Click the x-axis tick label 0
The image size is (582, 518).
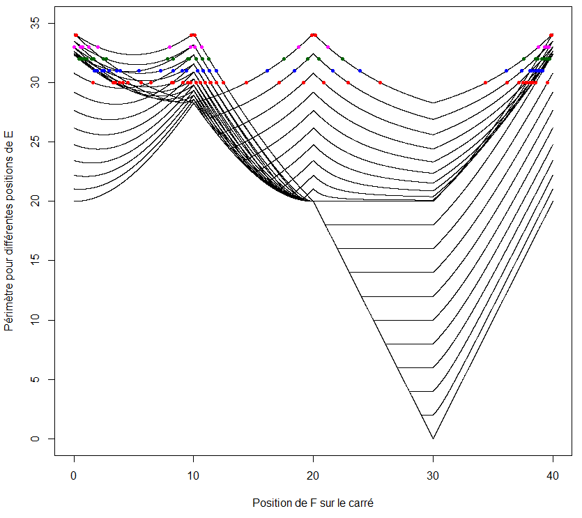tap(74, 475)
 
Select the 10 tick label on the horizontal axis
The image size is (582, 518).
tap(193, 475)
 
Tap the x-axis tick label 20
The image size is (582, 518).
tap(313, 475)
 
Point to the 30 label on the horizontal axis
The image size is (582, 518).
tap(433, 475)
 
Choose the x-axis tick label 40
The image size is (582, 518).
tap(553, 475)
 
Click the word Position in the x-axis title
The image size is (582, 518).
tap(270, 503)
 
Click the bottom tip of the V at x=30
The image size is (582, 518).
tap(433, 439)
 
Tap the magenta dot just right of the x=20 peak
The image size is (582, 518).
tap(328, 47)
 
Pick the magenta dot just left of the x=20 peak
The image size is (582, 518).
tap(298, 47)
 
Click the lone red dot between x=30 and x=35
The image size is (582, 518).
tap(485, 82)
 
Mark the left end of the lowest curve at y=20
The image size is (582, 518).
tap(74, 201)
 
